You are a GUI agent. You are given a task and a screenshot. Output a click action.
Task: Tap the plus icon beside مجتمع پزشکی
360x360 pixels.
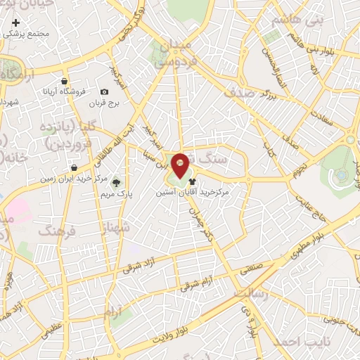[x=16, y=22]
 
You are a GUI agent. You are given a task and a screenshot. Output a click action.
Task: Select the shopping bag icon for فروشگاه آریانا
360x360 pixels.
[x=65, y=81]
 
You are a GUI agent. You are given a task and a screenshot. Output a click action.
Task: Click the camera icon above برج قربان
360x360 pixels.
[x=105, y=92]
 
